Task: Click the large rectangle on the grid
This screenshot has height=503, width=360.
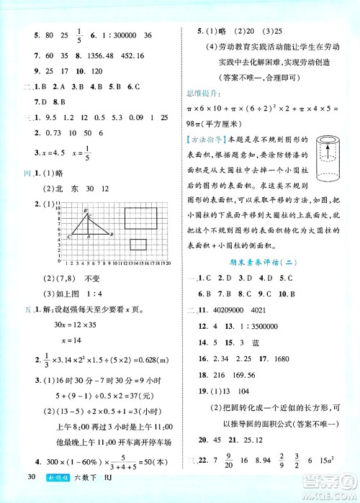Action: [141, 219]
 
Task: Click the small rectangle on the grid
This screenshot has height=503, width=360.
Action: [139, 244]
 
